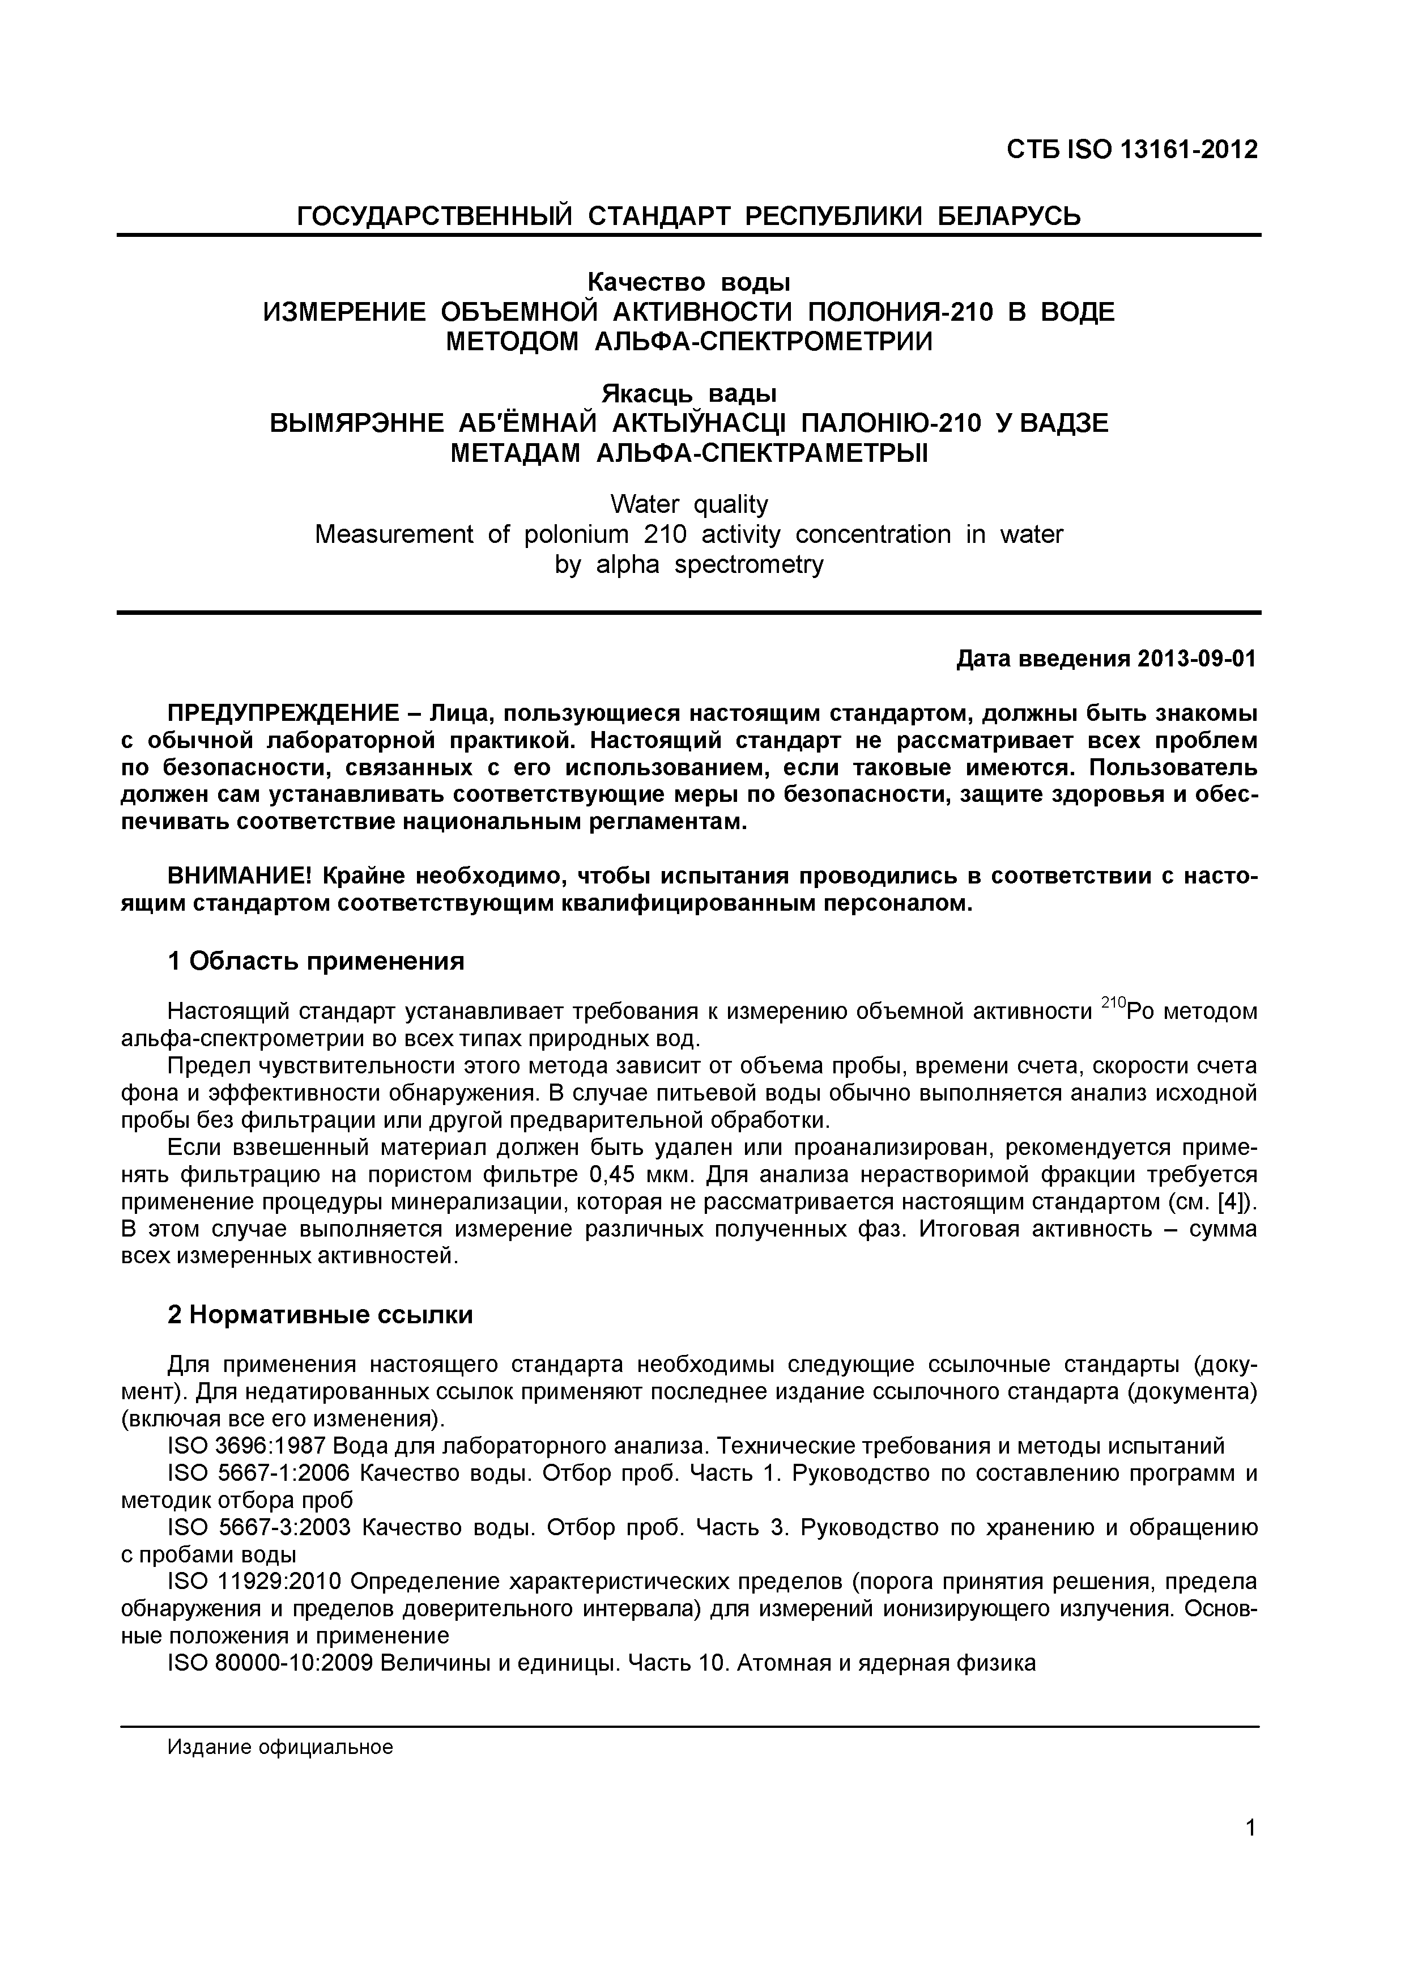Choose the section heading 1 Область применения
pos(316,961)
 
